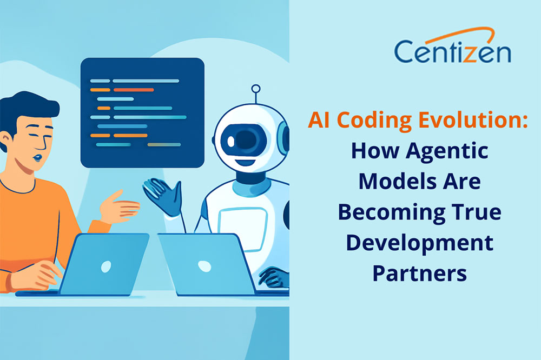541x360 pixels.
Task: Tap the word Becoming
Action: pyautogui.click(x=386, y=212)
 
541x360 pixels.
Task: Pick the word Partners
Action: pyautogui.click(x=419, y=273)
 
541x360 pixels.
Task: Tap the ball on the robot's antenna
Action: pyautogui.click(x=256, y=89)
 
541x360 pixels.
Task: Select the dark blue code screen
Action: pyautogui.click(x=142, y=112)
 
